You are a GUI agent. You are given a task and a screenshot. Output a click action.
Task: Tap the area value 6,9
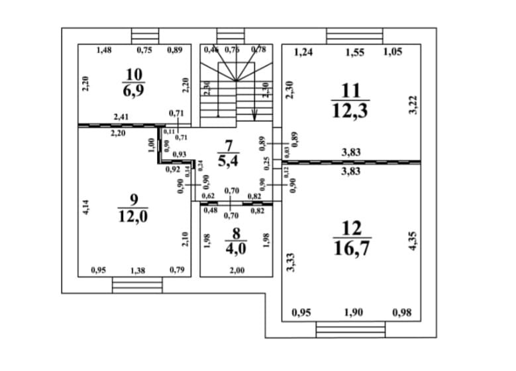134,91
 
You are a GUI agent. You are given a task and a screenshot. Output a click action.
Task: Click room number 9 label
134,199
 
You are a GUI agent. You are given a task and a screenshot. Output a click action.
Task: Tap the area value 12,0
134,216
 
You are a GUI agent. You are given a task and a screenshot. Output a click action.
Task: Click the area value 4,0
232,249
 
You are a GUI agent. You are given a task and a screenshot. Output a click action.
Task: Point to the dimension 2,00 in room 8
236,270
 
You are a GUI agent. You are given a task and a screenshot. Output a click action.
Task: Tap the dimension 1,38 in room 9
137,270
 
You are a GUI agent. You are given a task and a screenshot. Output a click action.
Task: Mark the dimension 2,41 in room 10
121,117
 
